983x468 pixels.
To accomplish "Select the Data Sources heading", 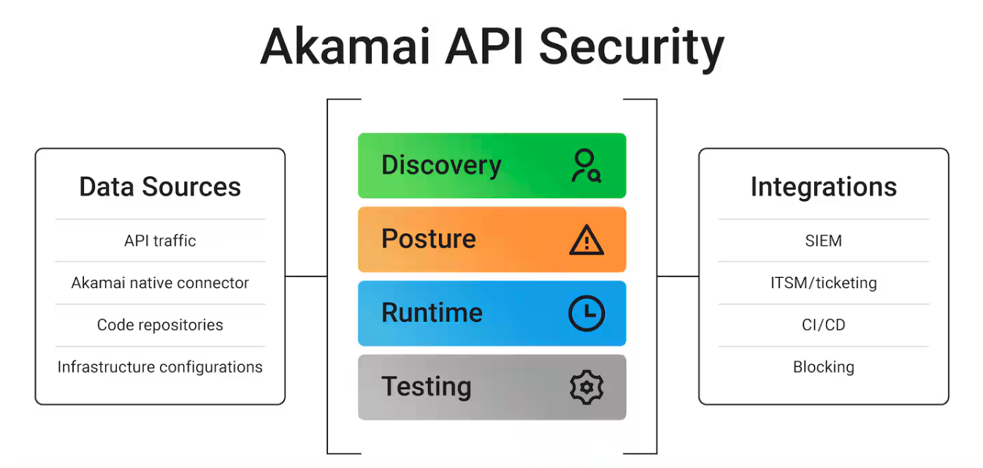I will (160, 186).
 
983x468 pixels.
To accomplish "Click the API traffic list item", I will (160, 241).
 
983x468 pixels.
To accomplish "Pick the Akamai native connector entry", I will (160, 283).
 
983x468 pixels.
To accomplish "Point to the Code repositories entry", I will (160, 325).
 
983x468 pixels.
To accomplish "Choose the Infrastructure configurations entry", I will (160, 367).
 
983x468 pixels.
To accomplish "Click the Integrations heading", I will (823, 186).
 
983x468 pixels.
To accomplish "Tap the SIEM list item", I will (823, 241).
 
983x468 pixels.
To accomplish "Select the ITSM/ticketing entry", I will (823, 283).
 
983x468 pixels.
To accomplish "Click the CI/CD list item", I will (823, 325).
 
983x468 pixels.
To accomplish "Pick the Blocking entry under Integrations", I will (823, 367).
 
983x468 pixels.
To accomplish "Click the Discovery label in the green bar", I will (441, 165).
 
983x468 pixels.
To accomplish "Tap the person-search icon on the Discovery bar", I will (586, 166).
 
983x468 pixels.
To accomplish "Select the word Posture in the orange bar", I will (429, 239).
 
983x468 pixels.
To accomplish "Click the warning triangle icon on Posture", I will (586, 240).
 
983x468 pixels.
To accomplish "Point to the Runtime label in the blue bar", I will (432, 313).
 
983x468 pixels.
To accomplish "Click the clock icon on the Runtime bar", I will (586, 314).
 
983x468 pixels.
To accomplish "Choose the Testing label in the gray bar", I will (427, 387).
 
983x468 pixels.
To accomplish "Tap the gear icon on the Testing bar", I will (586, 388).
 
